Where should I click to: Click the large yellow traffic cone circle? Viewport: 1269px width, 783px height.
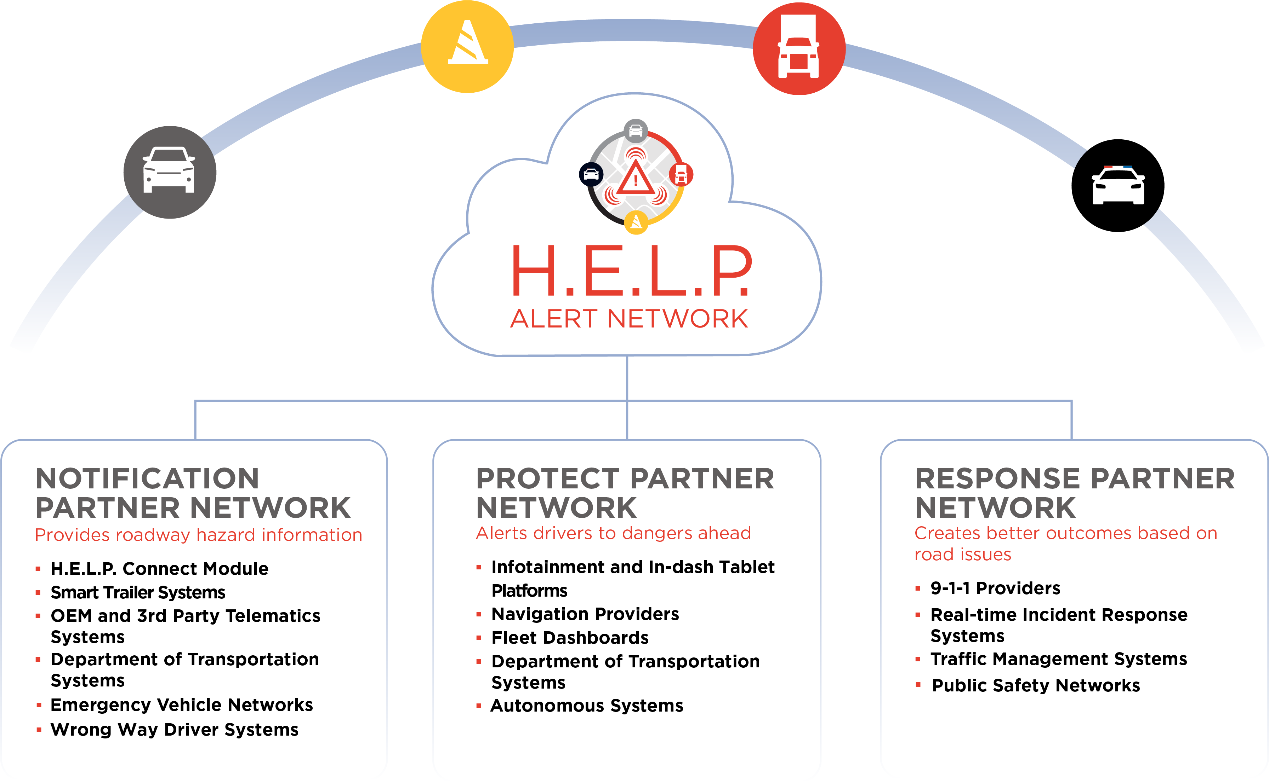[x=467, y=47]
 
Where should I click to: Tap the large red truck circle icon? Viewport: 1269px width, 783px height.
[x=799, y=48]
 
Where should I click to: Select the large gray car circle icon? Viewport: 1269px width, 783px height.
[x=170, y=172]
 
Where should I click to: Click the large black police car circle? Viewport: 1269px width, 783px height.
[x=1117, y=185]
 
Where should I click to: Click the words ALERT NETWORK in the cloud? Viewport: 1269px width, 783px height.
[x=629, y=319]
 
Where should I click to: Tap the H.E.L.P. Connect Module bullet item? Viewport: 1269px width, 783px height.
[x=159, y=569]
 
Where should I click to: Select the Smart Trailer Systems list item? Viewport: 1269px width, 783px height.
[x=138, y=592]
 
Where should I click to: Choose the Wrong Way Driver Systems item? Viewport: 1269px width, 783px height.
[x=174, y=730]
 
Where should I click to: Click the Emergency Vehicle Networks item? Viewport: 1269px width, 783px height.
[x=181, y=705]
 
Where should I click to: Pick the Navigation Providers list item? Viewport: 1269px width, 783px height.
[x=585, y=614]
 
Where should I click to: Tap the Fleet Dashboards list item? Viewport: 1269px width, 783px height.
[x=570, y=638]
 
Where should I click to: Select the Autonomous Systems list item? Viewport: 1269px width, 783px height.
[x=587, y=706]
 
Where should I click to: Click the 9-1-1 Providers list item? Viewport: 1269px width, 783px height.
[x=995, y=588]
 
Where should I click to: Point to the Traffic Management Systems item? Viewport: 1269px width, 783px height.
[x=1059, y=659]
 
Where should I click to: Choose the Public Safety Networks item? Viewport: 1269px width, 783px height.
[x=1036, y=686]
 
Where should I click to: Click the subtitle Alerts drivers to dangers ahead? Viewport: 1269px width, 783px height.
[x=613, y=533]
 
